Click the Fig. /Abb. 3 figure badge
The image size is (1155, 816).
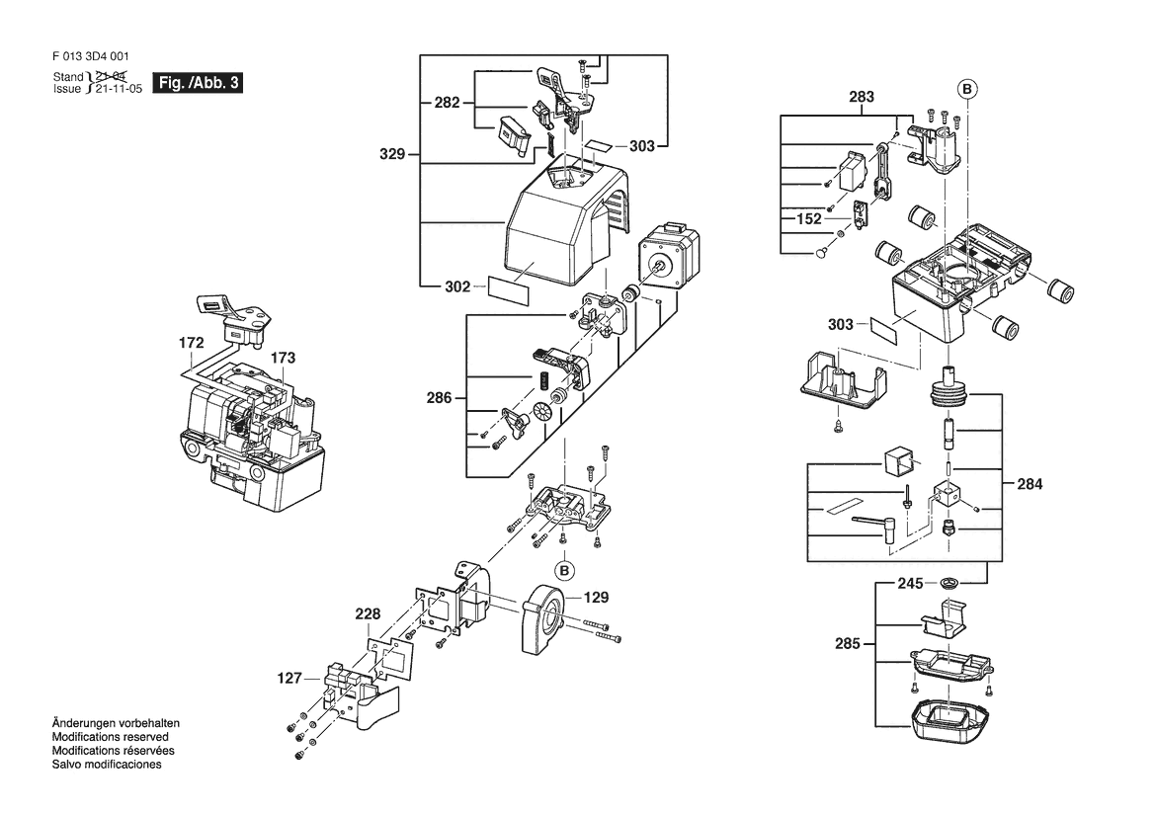[199, 83]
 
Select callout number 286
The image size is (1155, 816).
[440, 398]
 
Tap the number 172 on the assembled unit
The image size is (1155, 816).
[192, 343]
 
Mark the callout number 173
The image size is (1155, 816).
[283, 357]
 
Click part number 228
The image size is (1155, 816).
[368, 614]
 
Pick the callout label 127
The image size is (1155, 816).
[289, 679]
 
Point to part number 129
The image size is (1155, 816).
[595, 598]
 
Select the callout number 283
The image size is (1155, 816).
[862, 97]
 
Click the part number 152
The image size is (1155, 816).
[810, 218]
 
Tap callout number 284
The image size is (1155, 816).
[1029, 484]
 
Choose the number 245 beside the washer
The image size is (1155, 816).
[910, 583]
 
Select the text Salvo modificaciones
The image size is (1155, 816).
[107, 765]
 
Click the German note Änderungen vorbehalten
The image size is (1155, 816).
[116, 723]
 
